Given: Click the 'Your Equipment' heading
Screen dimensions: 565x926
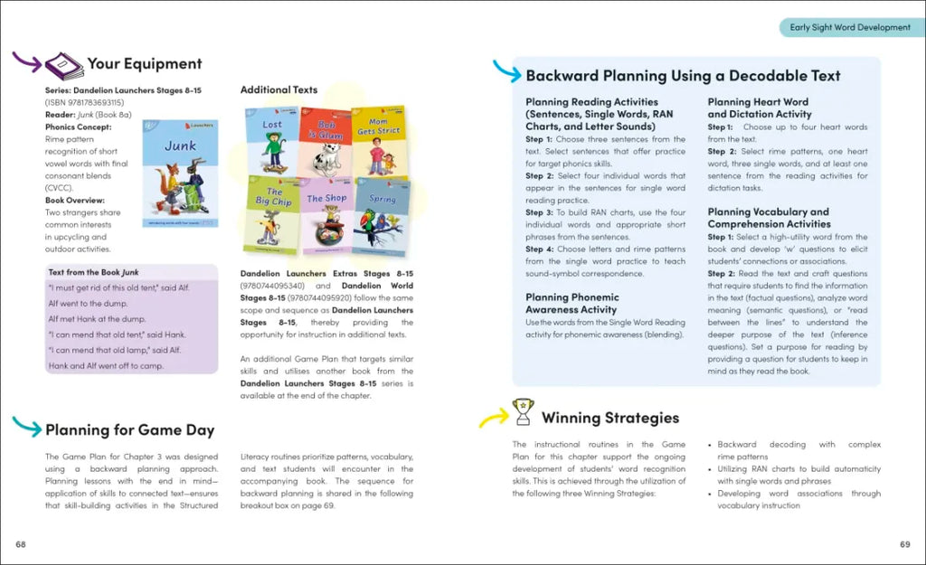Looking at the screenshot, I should click(145, 64).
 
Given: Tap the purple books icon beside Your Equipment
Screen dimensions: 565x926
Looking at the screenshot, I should click(64, 65).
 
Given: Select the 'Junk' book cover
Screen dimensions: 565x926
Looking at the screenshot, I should click(180, 173).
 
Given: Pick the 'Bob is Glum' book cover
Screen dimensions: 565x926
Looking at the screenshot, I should click(326, 140).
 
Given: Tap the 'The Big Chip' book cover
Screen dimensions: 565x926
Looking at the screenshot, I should click(272, 216).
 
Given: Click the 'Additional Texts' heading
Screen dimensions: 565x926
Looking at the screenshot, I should click(279, 90).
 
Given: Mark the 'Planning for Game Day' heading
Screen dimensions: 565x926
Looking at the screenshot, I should click(129, 429).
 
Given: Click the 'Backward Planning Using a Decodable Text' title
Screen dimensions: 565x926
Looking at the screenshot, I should click(683, 76).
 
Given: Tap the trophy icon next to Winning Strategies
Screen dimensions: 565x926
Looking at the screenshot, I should click(522, 412).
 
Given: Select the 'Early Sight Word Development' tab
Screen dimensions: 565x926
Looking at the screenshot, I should click(849, 27).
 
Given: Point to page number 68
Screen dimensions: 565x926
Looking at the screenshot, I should click(21, 543).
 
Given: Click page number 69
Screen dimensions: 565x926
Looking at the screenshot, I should click(904, 543).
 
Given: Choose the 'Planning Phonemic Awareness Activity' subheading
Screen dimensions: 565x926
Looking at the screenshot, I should click(572, 303).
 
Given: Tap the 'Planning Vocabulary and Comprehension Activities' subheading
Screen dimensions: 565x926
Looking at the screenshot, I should click(768, 218).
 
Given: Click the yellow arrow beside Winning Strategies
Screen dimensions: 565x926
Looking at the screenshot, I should click(493, 417).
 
